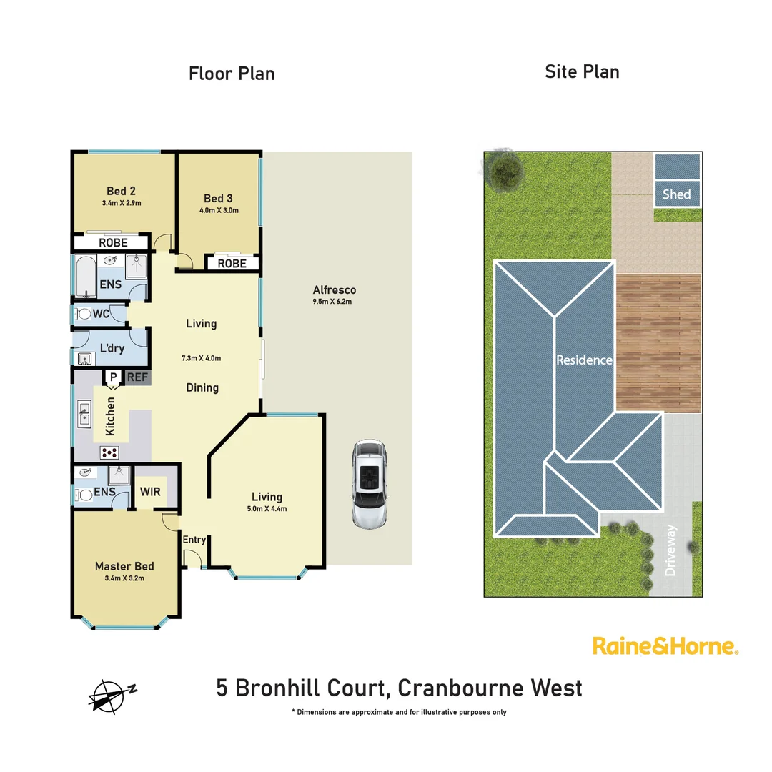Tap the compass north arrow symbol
click(110, 693)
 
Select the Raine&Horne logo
click(665, 646)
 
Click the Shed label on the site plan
click(676, 194)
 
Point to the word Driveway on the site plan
click(670, 551)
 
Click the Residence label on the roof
click(585, 360)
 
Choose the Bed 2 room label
click(121, 191)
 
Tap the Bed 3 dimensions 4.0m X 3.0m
click(219, 210)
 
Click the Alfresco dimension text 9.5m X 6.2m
click(334, 302)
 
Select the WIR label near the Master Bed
click(150, 493)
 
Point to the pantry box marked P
click(112, 377)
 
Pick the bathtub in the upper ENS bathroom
click(86, 277)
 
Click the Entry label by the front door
click(194, 540)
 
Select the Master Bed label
click(124, 566)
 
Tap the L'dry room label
click(112, 348)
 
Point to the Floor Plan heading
click(232, 73)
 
